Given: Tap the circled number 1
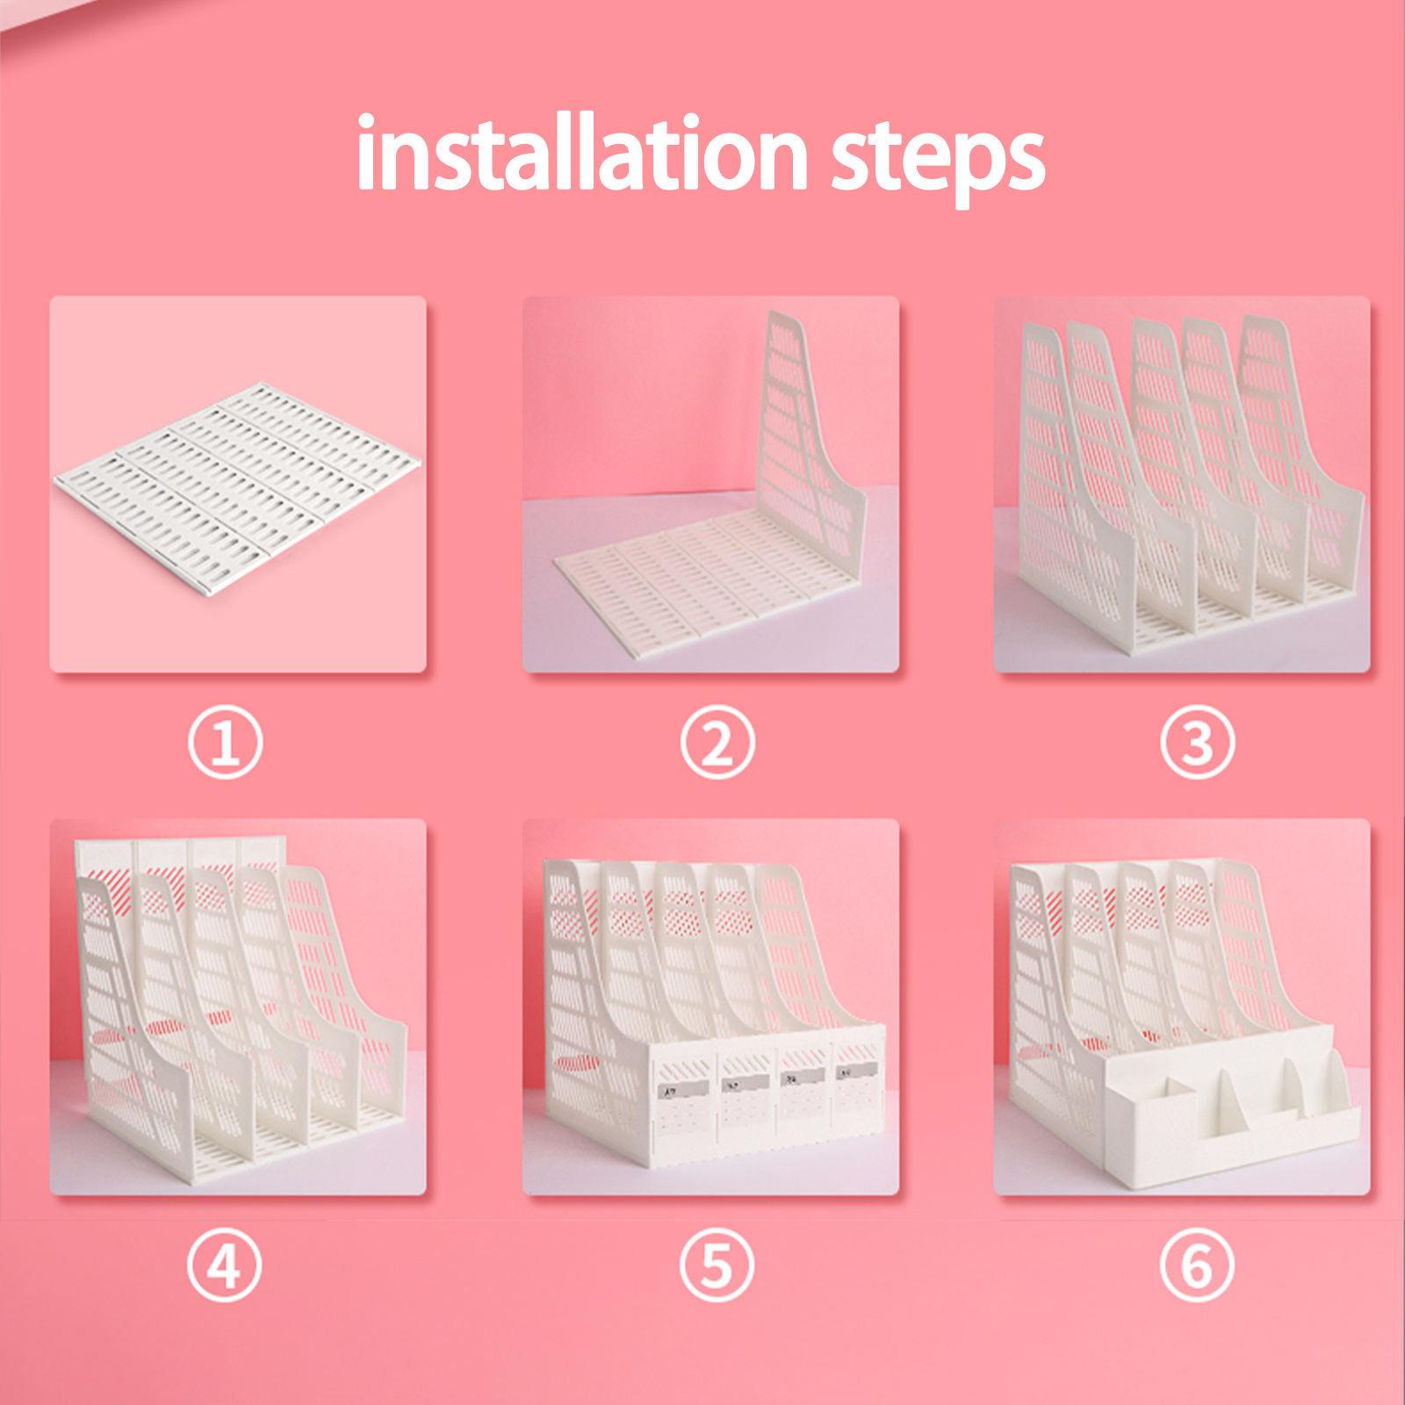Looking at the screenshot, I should tap(225, 743).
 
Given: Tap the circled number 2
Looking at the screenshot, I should tap(717, 743).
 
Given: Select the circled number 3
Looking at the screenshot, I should tap(1197, 743).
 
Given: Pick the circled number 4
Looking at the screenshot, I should tap(224, 1265).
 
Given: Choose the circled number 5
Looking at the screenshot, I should tap(717, 1265).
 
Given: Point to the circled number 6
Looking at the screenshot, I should tap(1197, 1265).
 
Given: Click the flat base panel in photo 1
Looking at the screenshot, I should tap(237, 487).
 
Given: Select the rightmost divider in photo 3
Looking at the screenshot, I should tap(1300, 457).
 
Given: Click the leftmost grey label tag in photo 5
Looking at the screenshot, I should tap(682, 1090).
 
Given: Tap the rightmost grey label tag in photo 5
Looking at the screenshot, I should tap(855, 1071).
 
